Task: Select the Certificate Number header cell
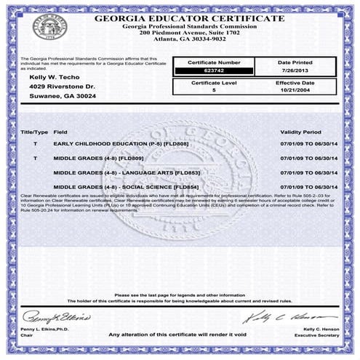(214, 63)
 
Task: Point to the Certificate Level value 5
(214, 92)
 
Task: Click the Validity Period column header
(300, 133)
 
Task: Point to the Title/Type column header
(34, 133)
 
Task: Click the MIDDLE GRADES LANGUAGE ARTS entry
(127, 172)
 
